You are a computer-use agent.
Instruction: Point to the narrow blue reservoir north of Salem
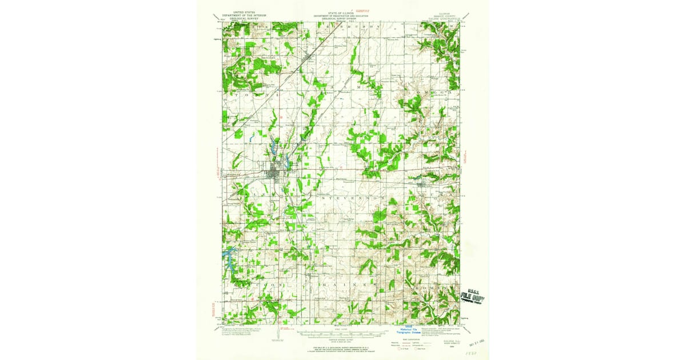pos(273,150)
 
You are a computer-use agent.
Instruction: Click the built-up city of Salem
pos(275,173)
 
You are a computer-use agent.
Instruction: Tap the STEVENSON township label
pos(349,197)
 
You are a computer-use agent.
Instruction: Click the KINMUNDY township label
pos(354,26)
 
